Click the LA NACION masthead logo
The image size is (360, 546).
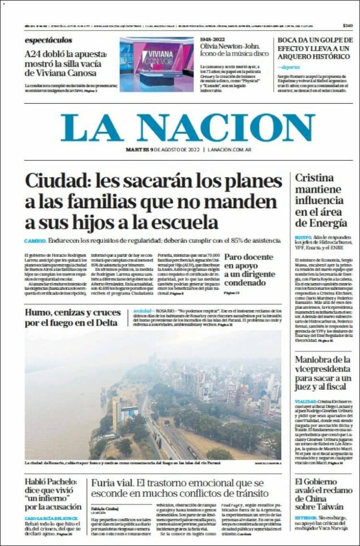point(188,128)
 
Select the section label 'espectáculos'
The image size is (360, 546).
point(48,40)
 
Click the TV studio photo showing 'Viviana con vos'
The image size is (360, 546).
point(156,64)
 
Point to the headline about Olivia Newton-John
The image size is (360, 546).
point(235,48)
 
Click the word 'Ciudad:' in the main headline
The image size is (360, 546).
point(57,181)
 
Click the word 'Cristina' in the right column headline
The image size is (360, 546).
point(314,178)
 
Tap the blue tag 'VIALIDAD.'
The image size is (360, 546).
point(305,401)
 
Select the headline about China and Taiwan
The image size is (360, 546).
point(319,494)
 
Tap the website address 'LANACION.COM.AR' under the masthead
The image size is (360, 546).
point(229,150)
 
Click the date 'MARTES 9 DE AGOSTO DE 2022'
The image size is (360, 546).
point(162,150)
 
